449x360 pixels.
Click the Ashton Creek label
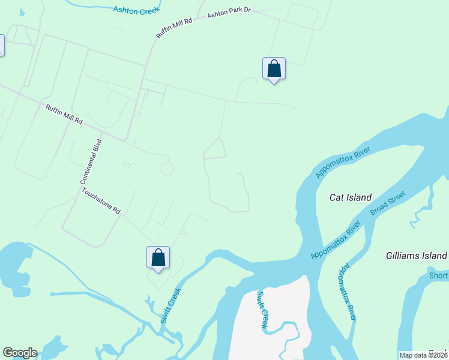pos(137,9)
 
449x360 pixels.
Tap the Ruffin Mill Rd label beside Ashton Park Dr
pos(174,28)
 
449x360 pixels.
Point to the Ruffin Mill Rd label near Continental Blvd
pos(64,114)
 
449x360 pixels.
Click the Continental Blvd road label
pos(92,161)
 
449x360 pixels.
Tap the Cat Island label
pos(351,197)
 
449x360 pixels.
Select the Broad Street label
pos(388,203)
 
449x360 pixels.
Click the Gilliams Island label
pos(415,256)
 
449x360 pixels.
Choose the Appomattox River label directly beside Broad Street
pos(336,240)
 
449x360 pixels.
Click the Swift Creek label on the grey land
pos(262,310)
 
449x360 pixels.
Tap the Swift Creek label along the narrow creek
pos(170,304)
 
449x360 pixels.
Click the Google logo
pos(20,353)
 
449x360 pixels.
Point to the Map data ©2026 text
pos(423,355)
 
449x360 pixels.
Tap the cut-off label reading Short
pos(438,275)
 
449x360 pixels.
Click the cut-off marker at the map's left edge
pos(1,46)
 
